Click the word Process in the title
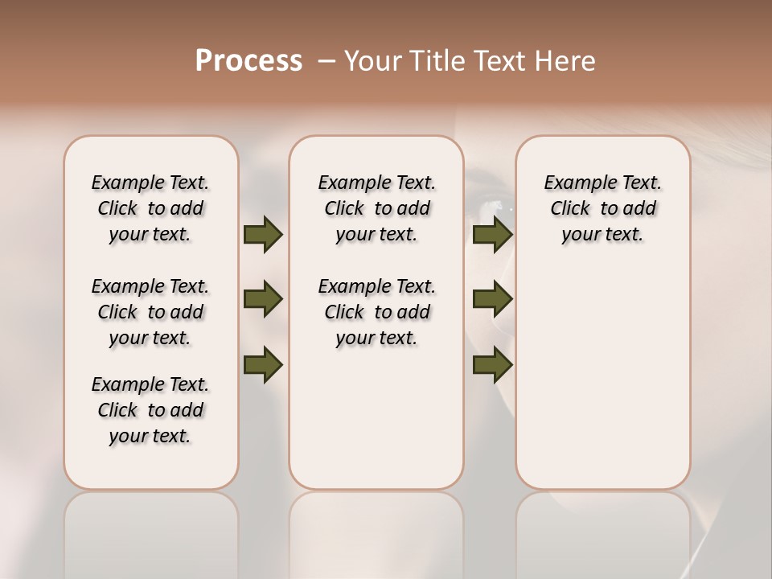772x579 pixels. (x=248, y=61)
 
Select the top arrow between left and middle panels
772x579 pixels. (x=263, y=234)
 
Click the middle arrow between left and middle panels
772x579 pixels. (x=263, y=299)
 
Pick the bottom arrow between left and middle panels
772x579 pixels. (x=263, y=365)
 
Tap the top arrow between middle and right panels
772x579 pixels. (x=492, y=234)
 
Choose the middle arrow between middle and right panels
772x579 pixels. (x=492, y=299)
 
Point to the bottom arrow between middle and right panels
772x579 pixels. (x=492, y=365)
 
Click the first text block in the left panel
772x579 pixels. (x=150, y=208)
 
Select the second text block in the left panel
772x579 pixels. (x=150, y=312)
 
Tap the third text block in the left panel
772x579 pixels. (x=150, y=410)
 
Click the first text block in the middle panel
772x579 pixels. (x=376, y=208)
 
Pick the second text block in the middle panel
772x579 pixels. (x=376, y=312)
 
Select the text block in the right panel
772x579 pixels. (x=602, y=208)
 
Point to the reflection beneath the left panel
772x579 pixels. (x=151, y=531)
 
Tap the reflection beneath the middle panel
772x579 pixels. (x=376, y=531)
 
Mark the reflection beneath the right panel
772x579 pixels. (x=602, y=531)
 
